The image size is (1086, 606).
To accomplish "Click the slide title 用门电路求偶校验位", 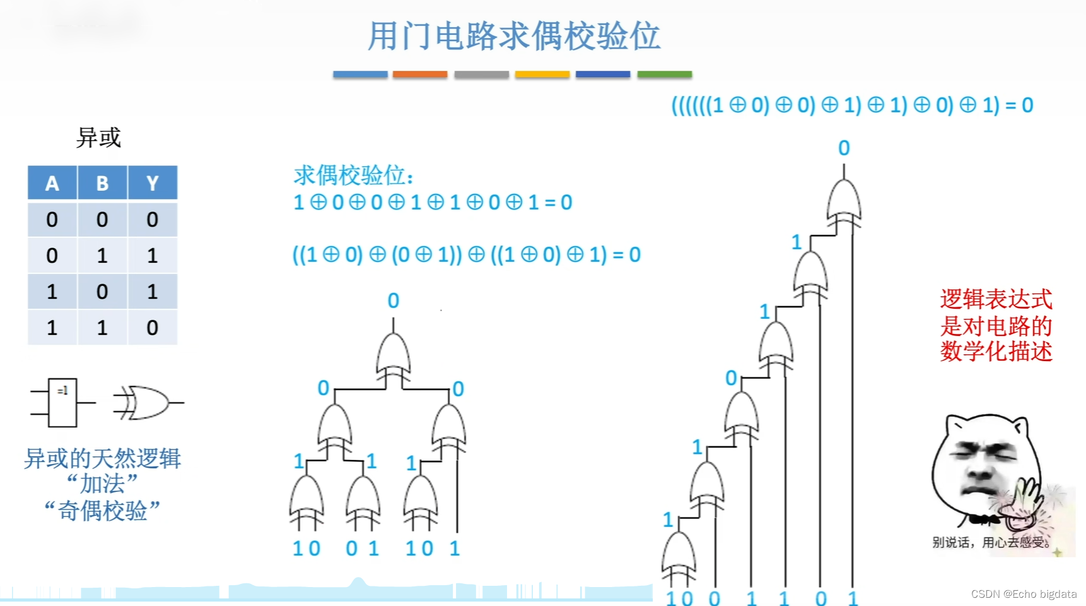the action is click(x=514, y=36).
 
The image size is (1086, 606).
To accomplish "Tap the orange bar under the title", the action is click(x=419, y=74).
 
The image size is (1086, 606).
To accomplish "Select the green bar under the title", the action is click(x=664, y=74).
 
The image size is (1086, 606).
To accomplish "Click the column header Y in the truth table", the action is click(x=152, y=183).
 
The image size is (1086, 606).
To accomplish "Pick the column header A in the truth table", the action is click(x=52, y=183).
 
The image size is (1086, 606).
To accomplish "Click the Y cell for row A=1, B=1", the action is click(x=152, y=328).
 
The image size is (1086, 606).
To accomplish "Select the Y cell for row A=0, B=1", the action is click(x=152, y=256).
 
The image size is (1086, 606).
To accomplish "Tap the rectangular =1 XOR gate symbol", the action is click(x=62, y=402).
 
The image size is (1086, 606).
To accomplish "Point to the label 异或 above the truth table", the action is click(x=98, y=137).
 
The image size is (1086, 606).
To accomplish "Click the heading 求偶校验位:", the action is click(x=353, y=175).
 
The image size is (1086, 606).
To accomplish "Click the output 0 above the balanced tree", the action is click(x=394, y=300).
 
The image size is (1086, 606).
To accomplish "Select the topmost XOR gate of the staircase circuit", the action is click(x=844, y=202).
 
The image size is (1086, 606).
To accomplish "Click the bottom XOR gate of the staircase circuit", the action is click(x=679, y=554).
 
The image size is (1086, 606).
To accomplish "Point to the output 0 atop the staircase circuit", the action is click(x=844, y=148).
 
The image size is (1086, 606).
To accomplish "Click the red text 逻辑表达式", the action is click(x=996, y=299).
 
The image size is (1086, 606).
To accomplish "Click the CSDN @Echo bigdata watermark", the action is click(x=1024, y=594).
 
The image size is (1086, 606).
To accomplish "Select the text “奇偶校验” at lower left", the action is click(x=102, y=510).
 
